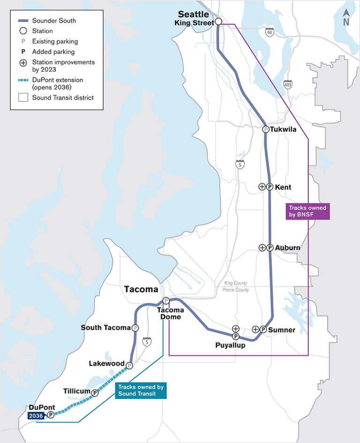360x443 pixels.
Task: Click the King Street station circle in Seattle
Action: click(x=218, y=22)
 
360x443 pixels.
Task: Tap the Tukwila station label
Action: click(x=284, y=130)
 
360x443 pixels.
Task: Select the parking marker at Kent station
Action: click(x=270, y=187)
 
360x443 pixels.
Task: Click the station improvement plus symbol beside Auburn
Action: click(x=262, y=248)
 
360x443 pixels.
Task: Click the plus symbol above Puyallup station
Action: click(x=235, y=329)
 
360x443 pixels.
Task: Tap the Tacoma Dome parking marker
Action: click(x=165, y=301)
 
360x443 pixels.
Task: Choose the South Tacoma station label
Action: click(x=105, y=328)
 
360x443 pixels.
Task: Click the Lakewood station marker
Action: click(x=129, y=366)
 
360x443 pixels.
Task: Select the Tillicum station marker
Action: click(x=95, y=393)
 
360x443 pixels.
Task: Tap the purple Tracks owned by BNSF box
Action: click(x=308, y=211)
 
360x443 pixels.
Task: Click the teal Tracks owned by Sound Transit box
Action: click(x=141, y=391)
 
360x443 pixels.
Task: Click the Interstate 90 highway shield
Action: click(x=269, y=32)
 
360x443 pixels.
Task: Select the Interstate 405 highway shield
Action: click(x=287, y=85)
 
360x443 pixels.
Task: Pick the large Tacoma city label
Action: click(x=141, y=289)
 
